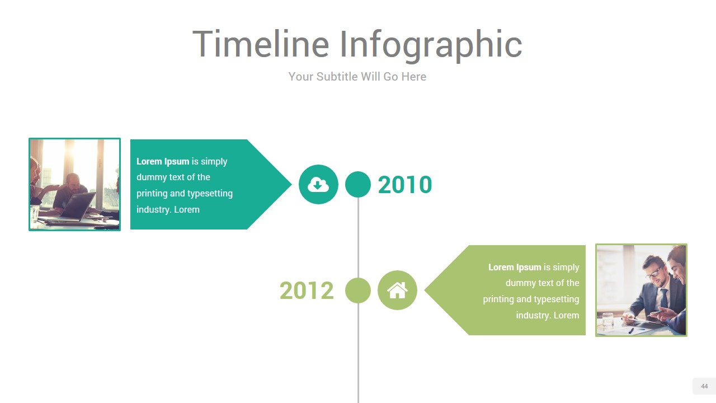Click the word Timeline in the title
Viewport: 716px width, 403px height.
[261, 44]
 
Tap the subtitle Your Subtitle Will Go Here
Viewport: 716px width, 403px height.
[357, 77]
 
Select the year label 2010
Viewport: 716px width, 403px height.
[404, 185]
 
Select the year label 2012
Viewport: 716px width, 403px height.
[307, 290]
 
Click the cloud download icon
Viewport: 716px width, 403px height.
[318, 185]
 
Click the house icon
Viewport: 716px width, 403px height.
[397, 290]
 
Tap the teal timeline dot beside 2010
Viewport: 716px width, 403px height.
[358, 185]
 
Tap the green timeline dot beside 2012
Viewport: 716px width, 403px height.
[358, 290]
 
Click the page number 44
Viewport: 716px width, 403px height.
[704, 386]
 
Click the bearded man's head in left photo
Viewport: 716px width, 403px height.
[73, 181]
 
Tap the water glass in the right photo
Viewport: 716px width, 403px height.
[607, 321]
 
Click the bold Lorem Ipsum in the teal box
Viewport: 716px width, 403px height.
[163, 161]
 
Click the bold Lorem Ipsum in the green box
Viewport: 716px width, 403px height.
[515, 267]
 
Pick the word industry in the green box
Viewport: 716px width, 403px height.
[534, 316]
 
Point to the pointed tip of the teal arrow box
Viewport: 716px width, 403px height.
[291, 184]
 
